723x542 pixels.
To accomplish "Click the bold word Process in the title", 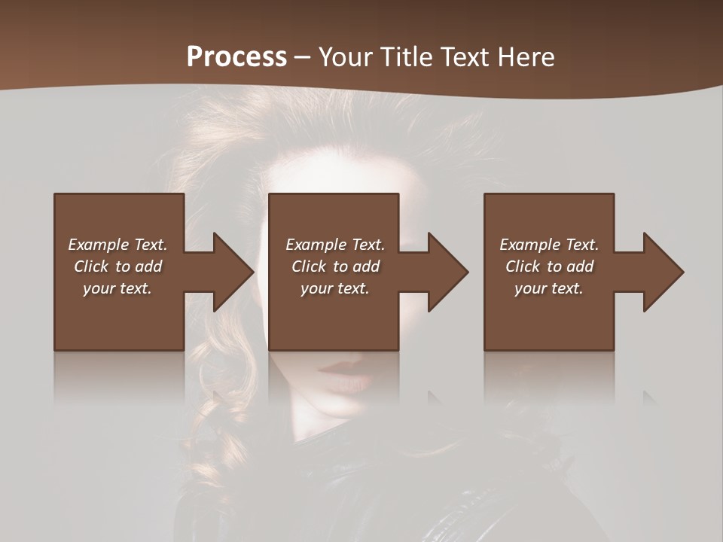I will [236, 57].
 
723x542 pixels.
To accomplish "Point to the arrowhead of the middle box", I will [447, 272].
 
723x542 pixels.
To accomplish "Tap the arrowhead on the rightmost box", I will [663, 272].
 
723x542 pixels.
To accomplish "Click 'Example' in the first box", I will [98, 245].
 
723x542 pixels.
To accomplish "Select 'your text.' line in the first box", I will [117, 288].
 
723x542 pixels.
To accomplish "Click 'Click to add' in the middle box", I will [335, 266].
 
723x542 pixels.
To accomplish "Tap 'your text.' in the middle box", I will [334, 288].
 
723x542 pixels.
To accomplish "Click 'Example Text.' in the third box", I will [549, 245].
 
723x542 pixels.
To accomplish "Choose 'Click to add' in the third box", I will [549, 266].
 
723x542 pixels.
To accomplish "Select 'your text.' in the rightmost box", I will [549, 288].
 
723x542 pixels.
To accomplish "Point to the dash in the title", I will [302, 57].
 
